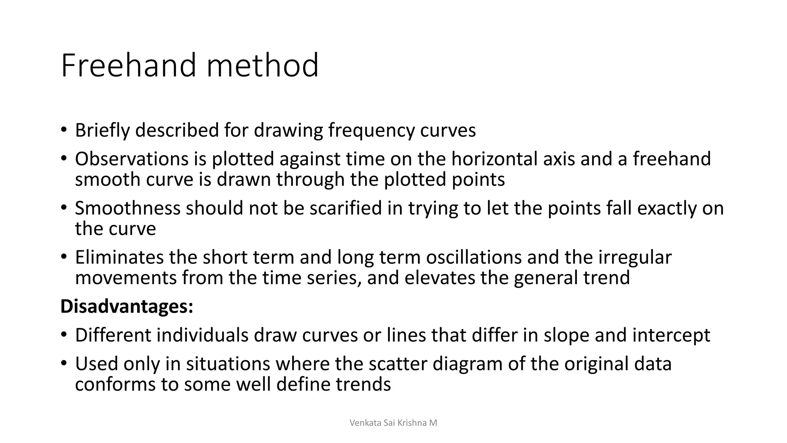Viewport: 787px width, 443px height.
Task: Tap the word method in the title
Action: pos(262,65)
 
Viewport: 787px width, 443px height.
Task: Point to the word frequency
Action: pos(371,130)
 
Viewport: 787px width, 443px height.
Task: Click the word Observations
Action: pos(132,159)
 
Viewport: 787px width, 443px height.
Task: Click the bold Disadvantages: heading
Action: pos(127,306)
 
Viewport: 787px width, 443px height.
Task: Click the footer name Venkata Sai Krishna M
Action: pos(393,423)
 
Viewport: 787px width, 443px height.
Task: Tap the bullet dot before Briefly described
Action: pos(63,130)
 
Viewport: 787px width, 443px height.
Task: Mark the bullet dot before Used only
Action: pos(63,363)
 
